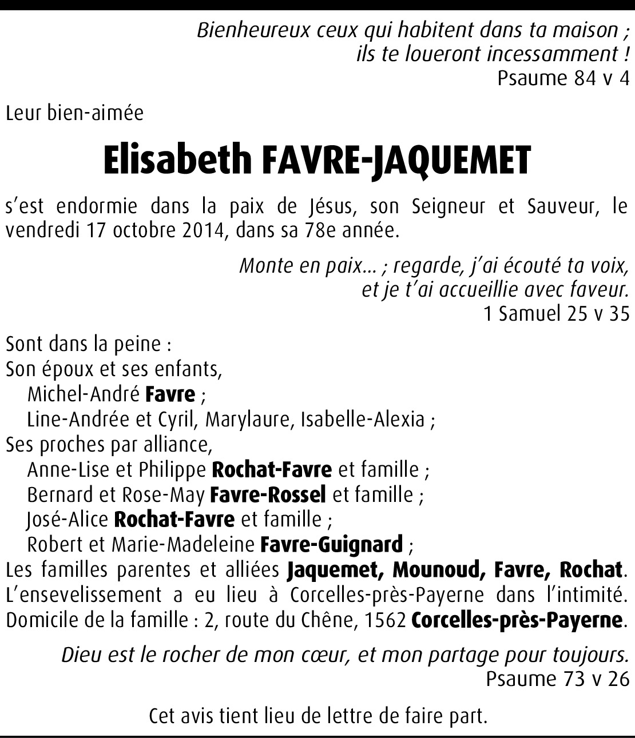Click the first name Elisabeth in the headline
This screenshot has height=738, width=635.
pyautogui.click(x=177, y=159)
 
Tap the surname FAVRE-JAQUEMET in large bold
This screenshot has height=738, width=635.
pyautogui.click(x=396, y=159)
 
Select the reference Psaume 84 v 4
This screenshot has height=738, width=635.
pyautogui.click(x=563, y=77)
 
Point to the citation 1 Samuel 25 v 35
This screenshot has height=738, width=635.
pyautogui.click(x=556, y=313)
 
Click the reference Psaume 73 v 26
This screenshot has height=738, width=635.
pyautogui.click(x=557, y=679)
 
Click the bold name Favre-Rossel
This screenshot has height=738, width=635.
pyautogui.click(x=268, y=494)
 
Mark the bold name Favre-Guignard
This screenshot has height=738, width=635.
pyautogui.click(x=331, y=544)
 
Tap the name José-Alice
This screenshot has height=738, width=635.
pyautogui.click(x=68, y=520)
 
